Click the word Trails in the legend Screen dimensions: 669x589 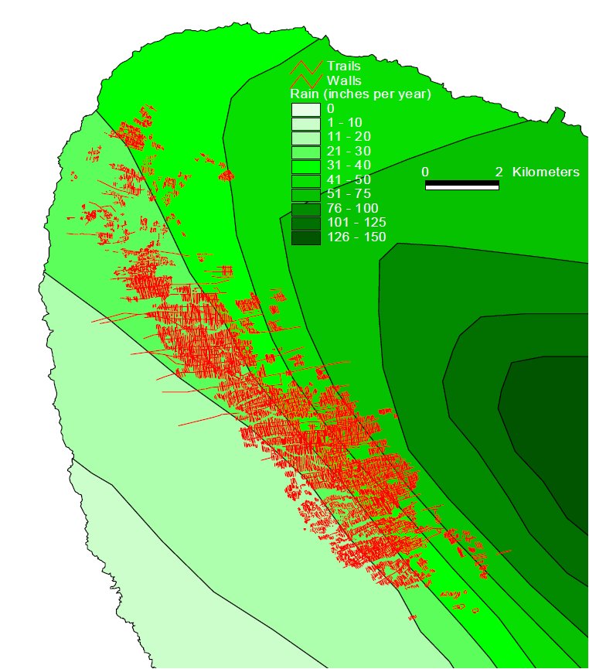(343, 67)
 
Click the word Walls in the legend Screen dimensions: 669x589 (343, 80)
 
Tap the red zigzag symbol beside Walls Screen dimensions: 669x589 (306, 80)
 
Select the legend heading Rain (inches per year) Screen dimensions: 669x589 (359, 94)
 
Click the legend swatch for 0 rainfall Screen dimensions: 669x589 (305, 109)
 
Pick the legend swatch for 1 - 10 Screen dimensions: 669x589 (305, 123)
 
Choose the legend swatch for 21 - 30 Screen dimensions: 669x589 (305, 152)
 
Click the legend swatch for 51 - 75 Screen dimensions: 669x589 (305, 194)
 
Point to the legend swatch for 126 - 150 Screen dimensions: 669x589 (305, 237)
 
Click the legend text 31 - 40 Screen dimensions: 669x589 (349, 166)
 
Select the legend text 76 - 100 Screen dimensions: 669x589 (352, 209)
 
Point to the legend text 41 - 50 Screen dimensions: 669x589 (349, 180)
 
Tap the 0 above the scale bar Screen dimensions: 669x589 (425, 172)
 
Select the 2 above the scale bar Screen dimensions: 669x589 (499, 172)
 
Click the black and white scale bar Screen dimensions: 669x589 (461, 186)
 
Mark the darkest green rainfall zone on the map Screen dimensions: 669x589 (549, 418)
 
